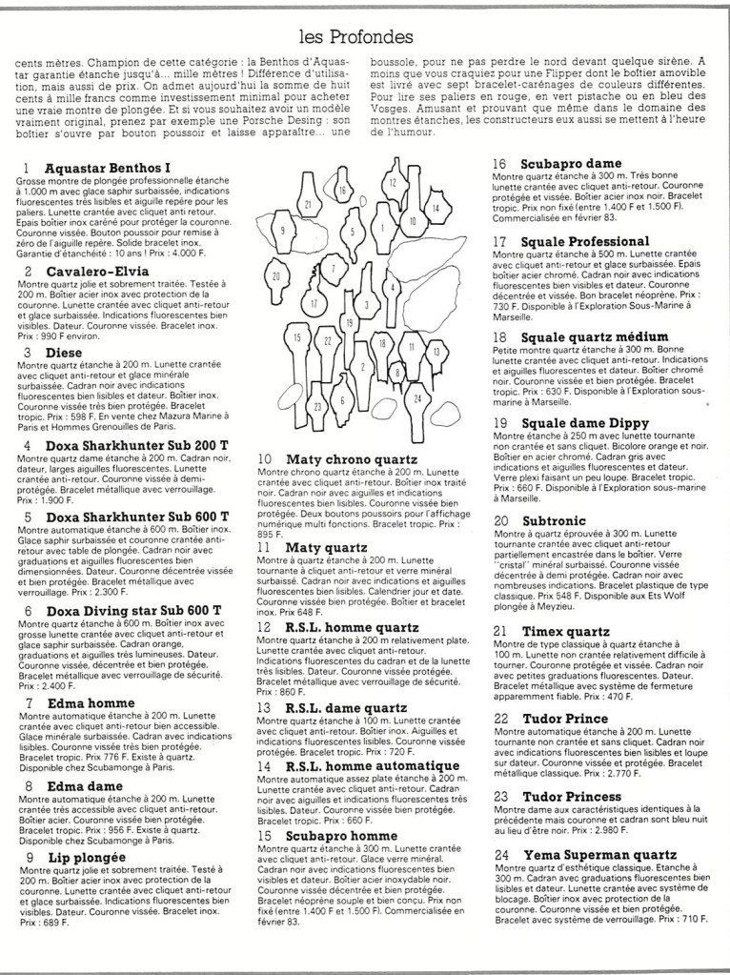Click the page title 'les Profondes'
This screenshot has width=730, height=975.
[355, 37]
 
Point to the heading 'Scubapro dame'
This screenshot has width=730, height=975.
[571, 163]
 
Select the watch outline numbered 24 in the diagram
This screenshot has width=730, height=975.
[416, 397]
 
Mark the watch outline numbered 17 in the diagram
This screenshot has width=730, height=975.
[314, 303]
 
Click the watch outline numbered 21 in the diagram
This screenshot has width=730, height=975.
[308, 204]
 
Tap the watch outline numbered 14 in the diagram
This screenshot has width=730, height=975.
[435, 208]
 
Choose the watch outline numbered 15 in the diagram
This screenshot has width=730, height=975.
[298, 339]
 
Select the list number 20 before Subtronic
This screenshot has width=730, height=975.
[501, 521]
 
